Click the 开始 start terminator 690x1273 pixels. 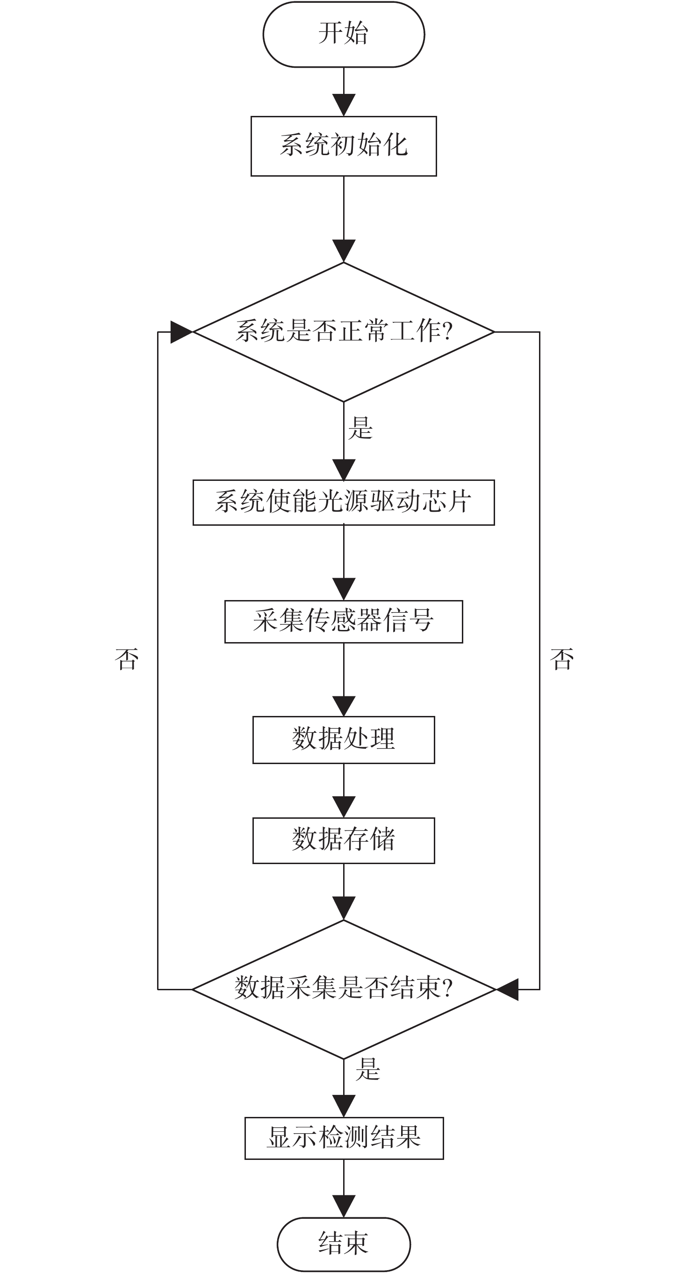(x=344, y=34)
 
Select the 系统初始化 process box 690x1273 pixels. (x=344, y=146)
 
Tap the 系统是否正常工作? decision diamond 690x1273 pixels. (x=344, y=332)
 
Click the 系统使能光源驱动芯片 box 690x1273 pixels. (x=344, y=502)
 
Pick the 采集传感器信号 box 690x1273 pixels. (x=344, y=622)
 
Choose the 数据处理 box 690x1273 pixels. (x=344, y=740)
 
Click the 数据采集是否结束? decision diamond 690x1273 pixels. (x=344, y=989)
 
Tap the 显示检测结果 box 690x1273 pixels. (x=344, y=1138)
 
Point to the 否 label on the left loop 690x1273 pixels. (x=127, y=659)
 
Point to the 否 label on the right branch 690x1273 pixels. (x=562, y=659)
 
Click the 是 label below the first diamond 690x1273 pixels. (x=360, y=428)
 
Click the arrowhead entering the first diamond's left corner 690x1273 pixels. (x=181, y=332)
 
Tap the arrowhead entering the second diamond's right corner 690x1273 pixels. (x=507, y=989)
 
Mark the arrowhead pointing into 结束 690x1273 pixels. (x=344, y=1206)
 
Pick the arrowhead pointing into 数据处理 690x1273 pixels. (x=344, y=706)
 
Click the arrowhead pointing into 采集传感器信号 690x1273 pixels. (x=344, y=590)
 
